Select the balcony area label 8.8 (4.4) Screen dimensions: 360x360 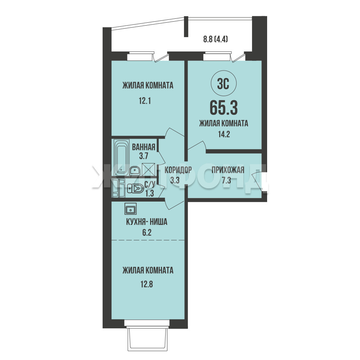(215, 39)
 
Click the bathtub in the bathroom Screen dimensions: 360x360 (122, 157)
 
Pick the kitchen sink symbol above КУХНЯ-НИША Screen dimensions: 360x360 (131, 209)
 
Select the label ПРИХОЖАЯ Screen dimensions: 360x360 (228, 170)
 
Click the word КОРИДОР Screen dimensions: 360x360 (178, 170)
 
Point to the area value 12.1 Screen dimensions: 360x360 (145, 101)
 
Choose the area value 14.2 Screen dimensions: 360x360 (224, 134)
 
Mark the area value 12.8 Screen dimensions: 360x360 (147, 284)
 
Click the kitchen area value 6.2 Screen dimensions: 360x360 (147, 233)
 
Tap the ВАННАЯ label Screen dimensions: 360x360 (144, 147)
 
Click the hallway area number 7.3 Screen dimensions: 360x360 (226, 180)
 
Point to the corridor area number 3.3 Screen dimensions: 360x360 (175, 180)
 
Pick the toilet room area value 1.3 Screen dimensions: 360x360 (149, 193)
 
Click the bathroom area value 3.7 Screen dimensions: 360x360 (144, 156)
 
